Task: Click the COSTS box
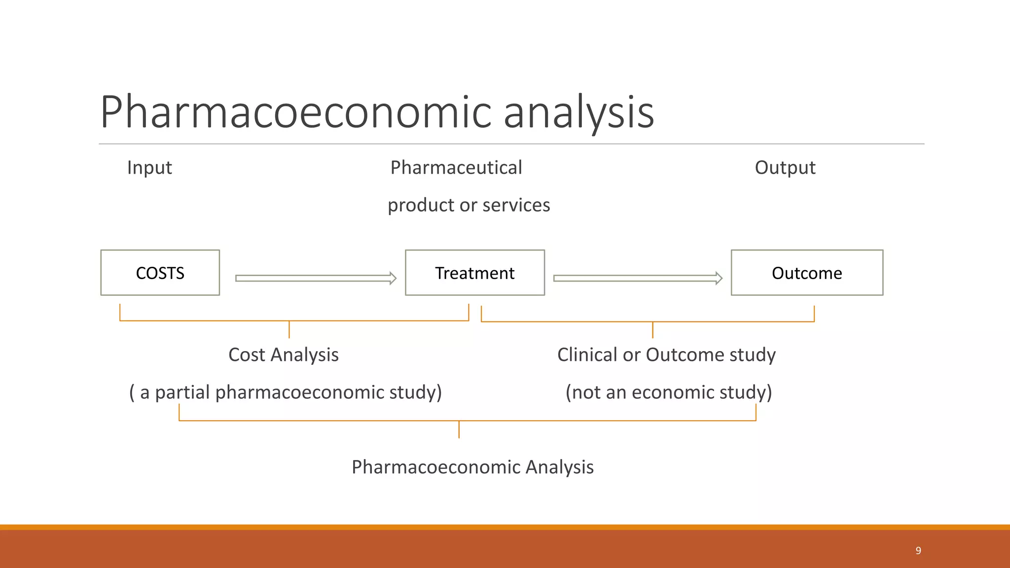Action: click(160, 273)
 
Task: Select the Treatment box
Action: click(474, 273)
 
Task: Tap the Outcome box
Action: click(807, 273)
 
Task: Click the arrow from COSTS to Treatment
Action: click(316, 278)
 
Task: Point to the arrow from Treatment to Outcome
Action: click(638, 278)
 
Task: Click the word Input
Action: click(149, 168)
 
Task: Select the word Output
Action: click(785, 168)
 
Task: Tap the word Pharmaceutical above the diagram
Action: click(456, 168)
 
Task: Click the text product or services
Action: click(469, 205)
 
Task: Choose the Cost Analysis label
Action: click(284, 355)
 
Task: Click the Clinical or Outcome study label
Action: click(666, 355)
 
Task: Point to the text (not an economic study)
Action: click(669, 392)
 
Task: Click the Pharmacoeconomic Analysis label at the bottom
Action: click(472, 467)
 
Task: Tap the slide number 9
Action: click(918, 550)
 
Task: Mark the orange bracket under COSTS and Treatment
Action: click(294, 321)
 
